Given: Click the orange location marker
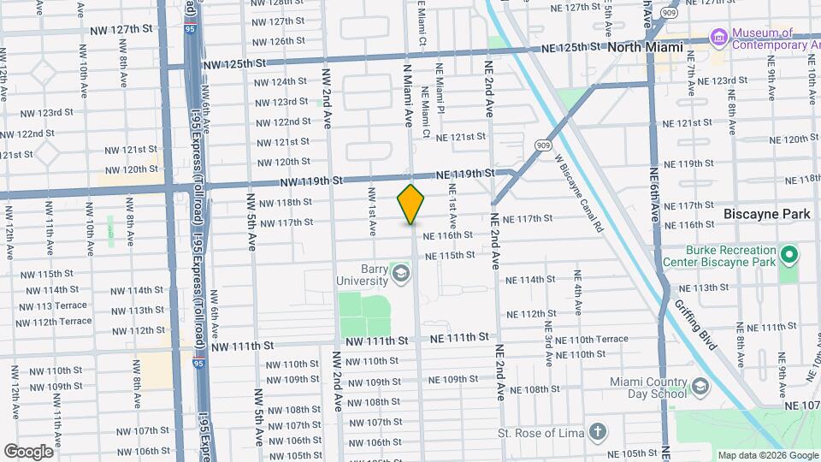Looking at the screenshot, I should [x=410, y=204].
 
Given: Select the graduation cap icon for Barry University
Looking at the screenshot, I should [x=400, y=274].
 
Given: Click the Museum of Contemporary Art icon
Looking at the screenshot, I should [x=718, y=38].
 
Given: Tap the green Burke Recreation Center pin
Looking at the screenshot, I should [x=789, y=256].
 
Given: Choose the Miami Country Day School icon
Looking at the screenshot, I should [x=700, y=388].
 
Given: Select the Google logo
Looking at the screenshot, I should [x=28, y=451].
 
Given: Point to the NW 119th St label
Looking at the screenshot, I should [x=312, y=181].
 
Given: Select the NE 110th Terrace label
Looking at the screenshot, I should [x=591, y=340].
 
